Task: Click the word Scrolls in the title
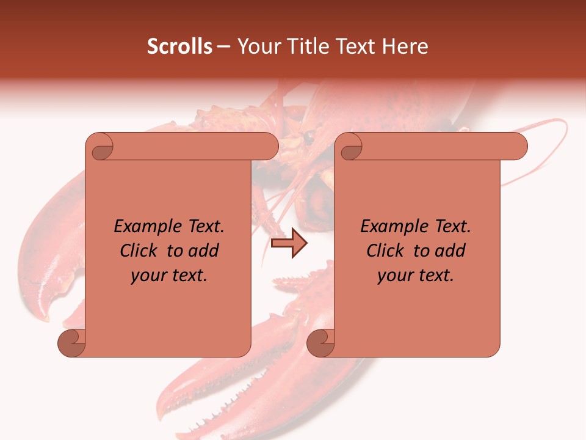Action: click(x=179, y=46)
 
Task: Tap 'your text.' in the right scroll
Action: click(x=416, y=276)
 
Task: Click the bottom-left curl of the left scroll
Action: click(x=71, y=343)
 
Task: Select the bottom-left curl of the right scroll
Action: click(x=320, y=343)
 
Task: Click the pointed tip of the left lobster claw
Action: click(x=45, y=317)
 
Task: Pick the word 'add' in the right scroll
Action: click(x=451, y=251)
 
